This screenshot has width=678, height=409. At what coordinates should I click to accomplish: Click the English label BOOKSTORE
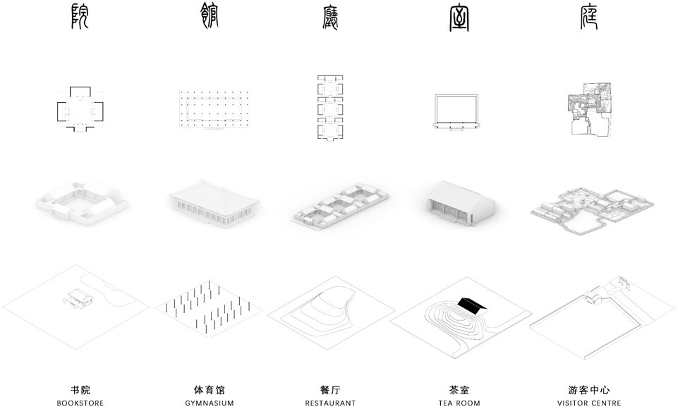pos(80,403)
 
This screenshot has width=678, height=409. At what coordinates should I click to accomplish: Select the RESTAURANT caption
pos(330,403)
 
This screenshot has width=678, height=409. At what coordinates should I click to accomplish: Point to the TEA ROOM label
pos(459,403)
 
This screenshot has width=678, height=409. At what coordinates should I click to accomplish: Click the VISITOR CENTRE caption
pos(589,403)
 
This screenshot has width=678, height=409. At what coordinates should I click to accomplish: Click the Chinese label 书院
pos(80,389)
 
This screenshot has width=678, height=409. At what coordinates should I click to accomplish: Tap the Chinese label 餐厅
pos(330,389)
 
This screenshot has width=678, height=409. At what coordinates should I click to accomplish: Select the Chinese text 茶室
pos(459,389)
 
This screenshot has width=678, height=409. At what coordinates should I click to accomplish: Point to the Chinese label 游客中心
pos(589,389)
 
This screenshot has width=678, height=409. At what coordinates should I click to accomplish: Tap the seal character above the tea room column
pos(459,17)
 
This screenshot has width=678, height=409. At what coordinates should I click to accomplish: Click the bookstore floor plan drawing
pos(80,109)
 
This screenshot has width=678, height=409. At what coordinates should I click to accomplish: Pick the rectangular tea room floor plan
pos(456,111)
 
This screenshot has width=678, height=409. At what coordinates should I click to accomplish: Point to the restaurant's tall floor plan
pos(330,109)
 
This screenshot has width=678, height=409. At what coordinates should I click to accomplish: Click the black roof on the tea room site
pos(472,304)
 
